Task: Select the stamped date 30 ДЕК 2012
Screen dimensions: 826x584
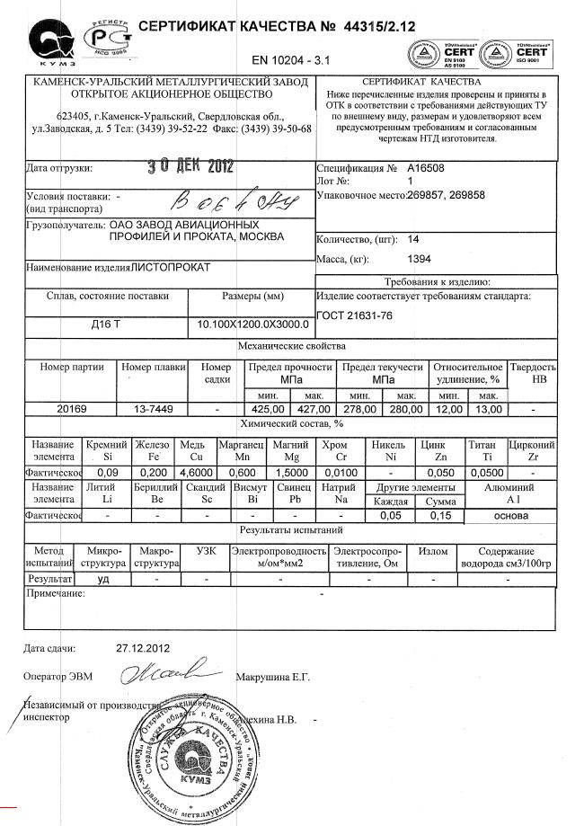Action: pyautogui.click(x=189, y=166)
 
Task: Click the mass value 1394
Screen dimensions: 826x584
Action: pyautogui.click(x=420, y=259)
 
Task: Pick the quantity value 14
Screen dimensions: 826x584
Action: pyautogui.click(x=413, y=239)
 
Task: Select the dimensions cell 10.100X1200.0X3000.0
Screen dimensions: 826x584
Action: pyautogui.click(x=253, y=324)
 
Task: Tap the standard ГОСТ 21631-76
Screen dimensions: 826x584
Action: pyautogui.click(x=357, y=315)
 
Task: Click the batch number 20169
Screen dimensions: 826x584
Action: pyautogui.click(x=72, y=409)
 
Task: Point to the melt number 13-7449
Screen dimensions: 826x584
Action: pyautogui.click(x=153, y=409)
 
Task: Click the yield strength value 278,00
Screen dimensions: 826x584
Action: pyautogui.click(x=359, y=409)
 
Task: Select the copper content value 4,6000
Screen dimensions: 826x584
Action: pyautogui.click(x=197, y=471)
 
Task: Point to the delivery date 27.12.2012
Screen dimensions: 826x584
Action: pyautogui.click(x=143, y=647)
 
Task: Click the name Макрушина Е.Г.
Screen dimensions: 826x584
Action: pyautogui.click(x=272, y=676)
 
